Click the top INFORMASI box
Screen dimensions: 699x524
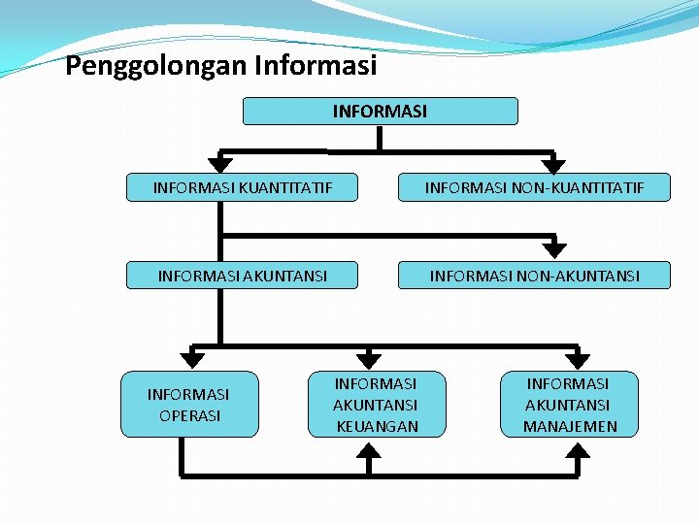[x=380, y=112]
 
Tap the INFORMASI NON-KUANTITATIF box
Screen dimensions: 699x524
[x=535, y=186]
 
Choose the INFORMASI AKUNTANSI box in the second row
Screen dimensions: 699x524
[x=243, y=276]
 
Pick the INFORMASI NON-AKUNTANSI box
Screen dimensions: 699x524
[x=535, y=276]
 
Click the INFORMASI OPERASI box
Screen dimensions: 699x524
[x=189, y=405]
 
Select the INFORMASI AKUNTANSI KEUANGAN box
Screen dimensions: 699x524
[x=376, y=405]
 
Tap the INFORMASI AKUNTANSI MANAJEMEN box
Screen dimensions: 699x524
[x=570, y=405]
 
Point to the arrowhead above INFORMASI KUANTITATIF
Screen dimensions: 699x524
[x=221, y=165]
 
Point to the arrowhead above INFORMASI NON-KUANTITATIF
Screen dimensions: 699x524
[x=553, y=165]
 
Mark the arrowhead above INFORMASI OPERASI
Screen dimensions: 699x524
[x=193, y=359]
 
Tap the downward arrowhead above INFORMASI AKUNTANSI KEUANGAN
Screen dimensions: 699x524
[x=368, y=358]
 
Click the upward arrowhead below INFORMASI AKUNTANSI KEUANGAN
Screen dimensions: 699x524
[x=369, y=448]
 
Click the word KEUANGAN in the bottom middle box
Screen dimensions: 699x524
[x=376, y=426]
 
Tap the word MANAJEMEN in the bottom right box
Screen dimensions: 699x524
[x=570, y=426]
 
